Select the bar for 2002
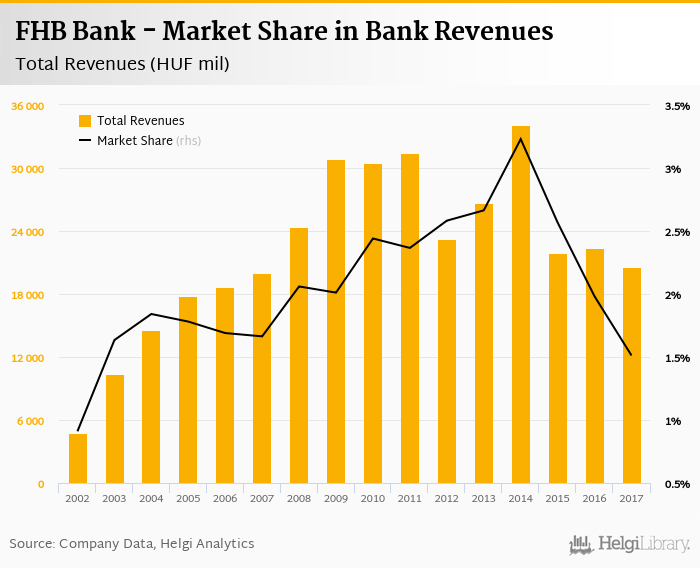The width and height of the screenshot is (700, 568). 78,459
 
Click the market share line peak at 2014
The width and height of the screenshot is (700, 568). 520,138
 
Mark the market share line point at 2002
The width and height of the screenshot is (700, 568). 78,430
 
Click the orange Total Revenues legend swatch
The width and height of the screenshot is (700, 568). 85,121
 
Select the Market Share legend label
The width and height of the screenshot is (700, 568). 135,141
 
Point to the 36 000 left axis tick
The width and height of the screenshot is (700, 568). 27,106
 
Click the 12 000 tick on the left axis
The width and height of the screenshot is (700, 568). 27,358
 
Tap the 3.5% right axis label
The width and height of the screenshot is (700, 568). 677,106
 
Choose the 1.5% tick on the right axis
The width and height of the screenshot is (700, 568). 677,358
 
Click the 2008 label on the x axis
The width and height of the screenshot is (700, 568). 299,498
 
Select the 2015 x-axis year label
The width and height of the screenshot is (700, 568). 557,498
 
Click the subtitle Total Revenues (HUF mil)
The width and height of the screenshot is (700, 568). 123,65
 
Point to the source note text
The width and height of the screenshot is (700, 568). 132,544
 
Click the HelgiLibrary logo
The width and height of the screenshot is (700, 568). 630,544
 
